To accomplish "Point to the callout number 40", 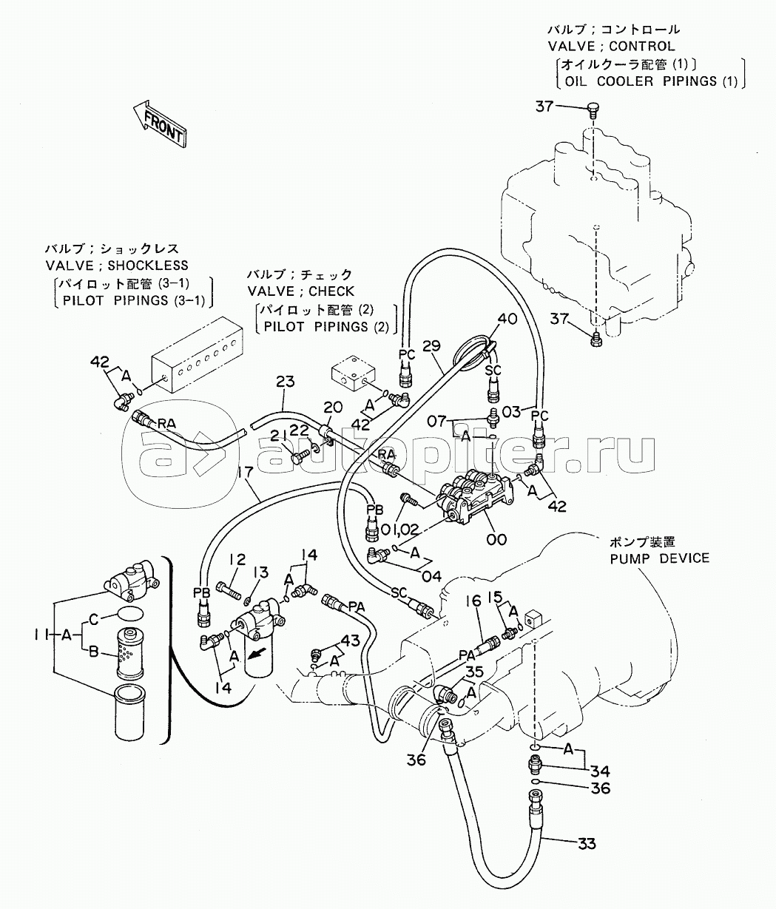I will pos(507,320).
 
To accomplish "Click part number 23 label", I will pos(285,382).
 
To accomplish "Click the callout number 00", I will pos(496,540).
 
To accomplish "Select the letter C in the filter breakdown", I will pos(93,618).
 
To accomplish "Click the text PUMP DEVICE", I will pos(659,558).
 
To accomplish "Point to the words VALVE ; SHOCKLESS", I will pos(117,266).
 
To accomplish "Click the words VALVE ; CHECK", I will pos(301,291).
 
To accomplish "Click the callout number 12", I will pos(236,559).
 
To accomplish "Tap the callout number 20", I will pos(333,408).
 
